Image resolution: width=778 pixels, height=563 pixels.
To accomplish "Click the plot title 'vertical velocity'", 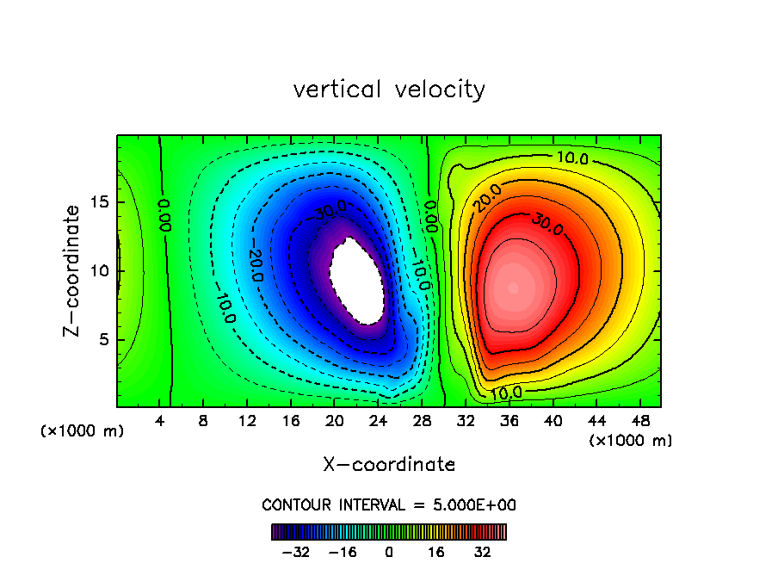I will [x=389, y=90].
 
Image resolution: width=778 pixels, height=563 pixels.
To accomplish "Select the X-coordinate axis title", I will [x=389, y=465].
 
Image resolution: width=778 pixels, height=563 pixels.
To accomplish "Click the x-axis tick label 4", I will [x=160, y=422].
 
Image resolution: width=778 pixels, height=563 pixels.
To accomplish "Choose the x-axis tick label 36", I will [x=509, y=422].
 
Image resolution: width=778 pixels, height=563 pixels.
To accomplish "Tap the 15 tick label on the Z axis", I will [x=100, y=203].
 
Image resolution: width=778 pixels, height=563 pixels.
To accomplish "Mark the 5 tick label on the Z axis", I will [x=104, y=339].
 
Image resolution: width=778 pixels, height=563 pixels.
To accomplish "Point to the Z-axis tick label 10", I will [x=100, y=271].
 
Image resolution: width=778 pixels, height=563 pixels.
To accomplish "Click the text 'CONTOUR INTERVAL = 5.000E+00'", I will [x=389, y=504].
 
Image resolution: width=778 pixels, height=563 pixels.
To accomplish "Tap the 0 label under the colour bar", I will [x=389, y=552].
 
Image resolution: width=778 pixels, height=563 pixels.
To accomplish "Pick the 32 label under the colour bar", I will [x=483, y=552].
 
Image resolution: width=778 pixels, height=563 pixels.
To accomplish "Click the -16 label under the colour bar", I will [x=343, y=552].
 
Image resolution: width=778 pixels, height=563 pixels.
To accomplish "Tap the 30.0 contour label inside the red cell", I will [x=546, y=225].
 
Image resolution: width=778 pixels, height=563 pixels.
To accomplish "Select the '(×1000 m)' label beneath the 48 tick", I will [x=631, y=441].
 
